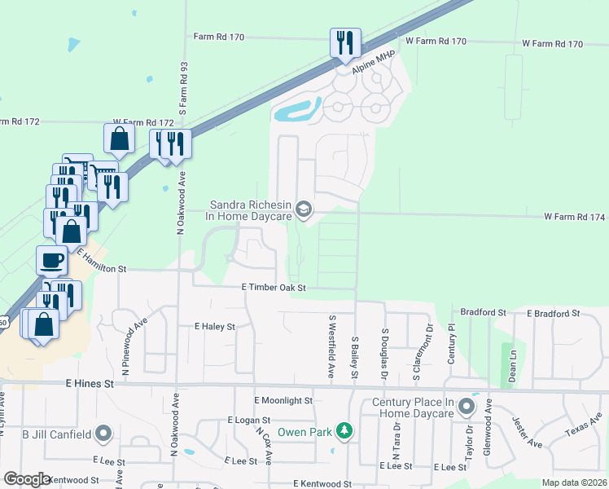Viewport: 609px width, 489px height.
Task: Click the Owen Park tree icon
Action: pos(345,430)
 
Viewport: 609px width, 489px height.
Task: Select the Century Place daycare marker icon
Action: pos(467,406)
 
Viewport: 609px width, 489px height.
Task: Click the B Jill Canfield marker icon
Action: pos(103,434)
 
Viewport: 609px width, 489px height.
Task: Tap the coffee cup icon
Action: pos(52,260)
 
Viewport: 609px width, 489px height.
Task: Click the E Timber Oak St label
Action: pos(274,288)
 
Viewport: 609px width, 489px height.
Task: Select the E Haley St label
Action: pos(214,326)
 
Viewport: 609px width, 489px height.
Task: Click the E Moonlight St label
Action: pos(283,401)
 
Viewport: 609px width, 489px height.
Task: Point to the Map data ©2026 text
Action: pos(573,483)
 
